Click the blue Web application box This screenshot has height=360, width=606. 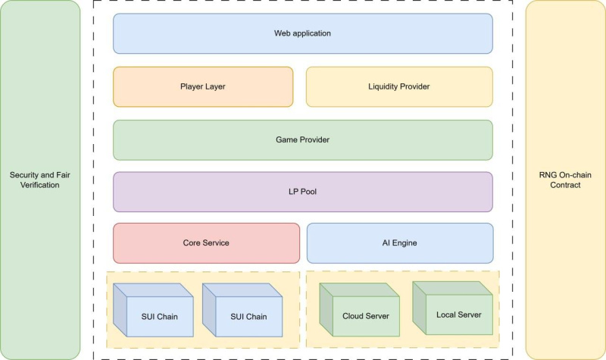coord(302,33)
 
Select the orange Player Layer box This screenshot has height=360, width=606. coord(203,86)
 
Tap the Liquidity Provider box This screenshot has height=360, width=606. coord(399,86)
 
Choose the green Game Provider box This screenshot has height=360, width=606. coord(302,139)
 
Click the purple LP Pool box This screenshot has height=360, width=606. coord(302,192)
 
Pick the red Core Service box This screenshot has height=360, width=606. coord(206,243)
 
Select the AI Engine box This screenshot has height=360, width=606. coord(399,243)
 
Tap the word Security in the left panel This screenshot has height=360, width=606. coord(25,175)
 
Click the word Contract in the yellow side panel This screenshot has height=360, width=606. coord(565,185)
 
